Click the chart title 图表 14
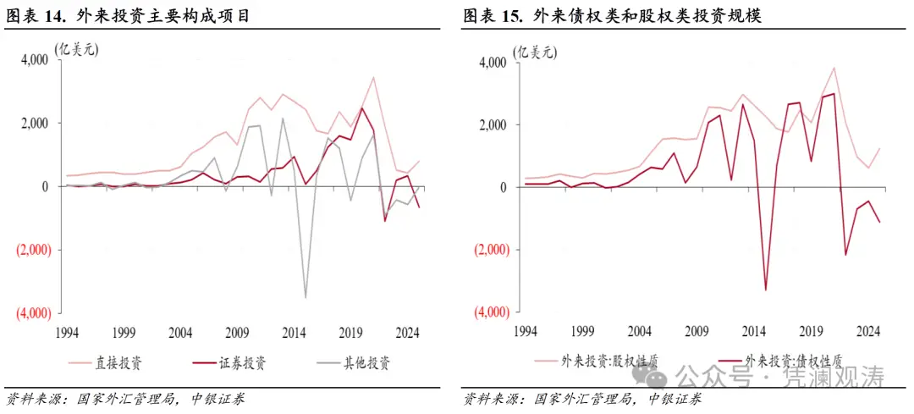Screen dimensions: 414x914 pos(128,16)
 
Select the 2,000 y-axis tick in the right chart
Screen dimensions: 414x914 pos(493,125)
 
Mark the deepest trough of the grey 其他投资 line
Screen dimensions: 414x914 pos(306,297)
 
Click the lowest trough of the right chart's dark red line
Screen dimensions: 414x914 pos(766,290)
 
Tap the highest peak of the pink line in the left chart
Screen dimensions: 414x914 pos(373,77)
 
